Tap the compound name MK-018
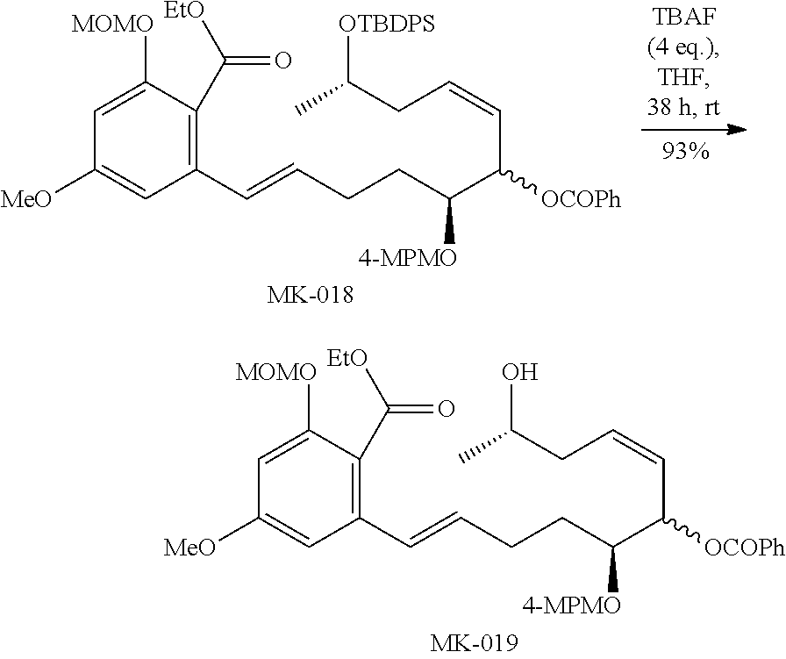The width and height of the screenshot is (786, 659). click(312, 296)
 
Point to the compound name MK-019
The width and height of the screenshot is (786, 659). click(474, 644)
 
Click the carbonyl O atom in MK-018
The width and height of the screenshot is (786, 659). click(282, 61)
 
